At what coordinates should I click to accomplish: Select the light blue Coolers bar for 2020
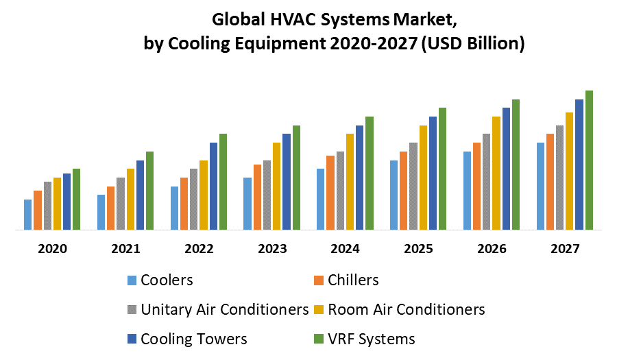[x=28, y=215]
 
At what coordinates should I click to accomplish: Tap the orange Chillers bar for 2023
[x=257, y=197]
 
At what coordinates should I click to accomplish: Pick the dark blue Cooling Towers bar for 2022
[x=213, y=186]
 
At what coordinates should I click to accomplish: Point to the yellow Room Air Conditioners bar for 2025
[x=423, y=178]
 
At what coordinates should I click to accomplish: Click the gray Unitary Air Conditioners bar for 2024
[x=340, y=191]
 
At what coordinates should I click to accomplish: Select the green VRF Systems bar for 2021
[x=149, y=191]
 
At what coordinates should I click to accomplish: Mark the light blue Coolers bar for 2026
[x=467, y=191]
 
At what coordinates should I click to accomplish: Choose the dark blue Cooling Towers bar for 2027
[x=579, y=165]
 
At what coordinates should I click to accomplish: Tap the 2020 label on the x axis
[x=53, y=249]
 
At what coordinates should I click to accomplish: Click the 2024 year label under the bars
[x=346, y=249]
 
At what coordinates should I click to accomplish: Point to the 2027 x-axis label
[x=565, y=249]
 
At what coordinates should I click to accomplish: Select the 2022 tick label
[x=199, y=249]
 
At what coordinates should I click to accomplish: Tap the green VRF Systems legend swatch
[x=318, y=339]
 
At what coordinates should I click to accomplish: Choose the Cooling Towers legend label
[x=193, y=339]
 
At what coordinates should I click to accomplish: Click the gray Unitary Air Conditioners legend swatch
[x=132, y=310]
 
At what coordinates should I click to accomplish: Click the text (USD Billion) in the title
[x=472, y=44]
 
